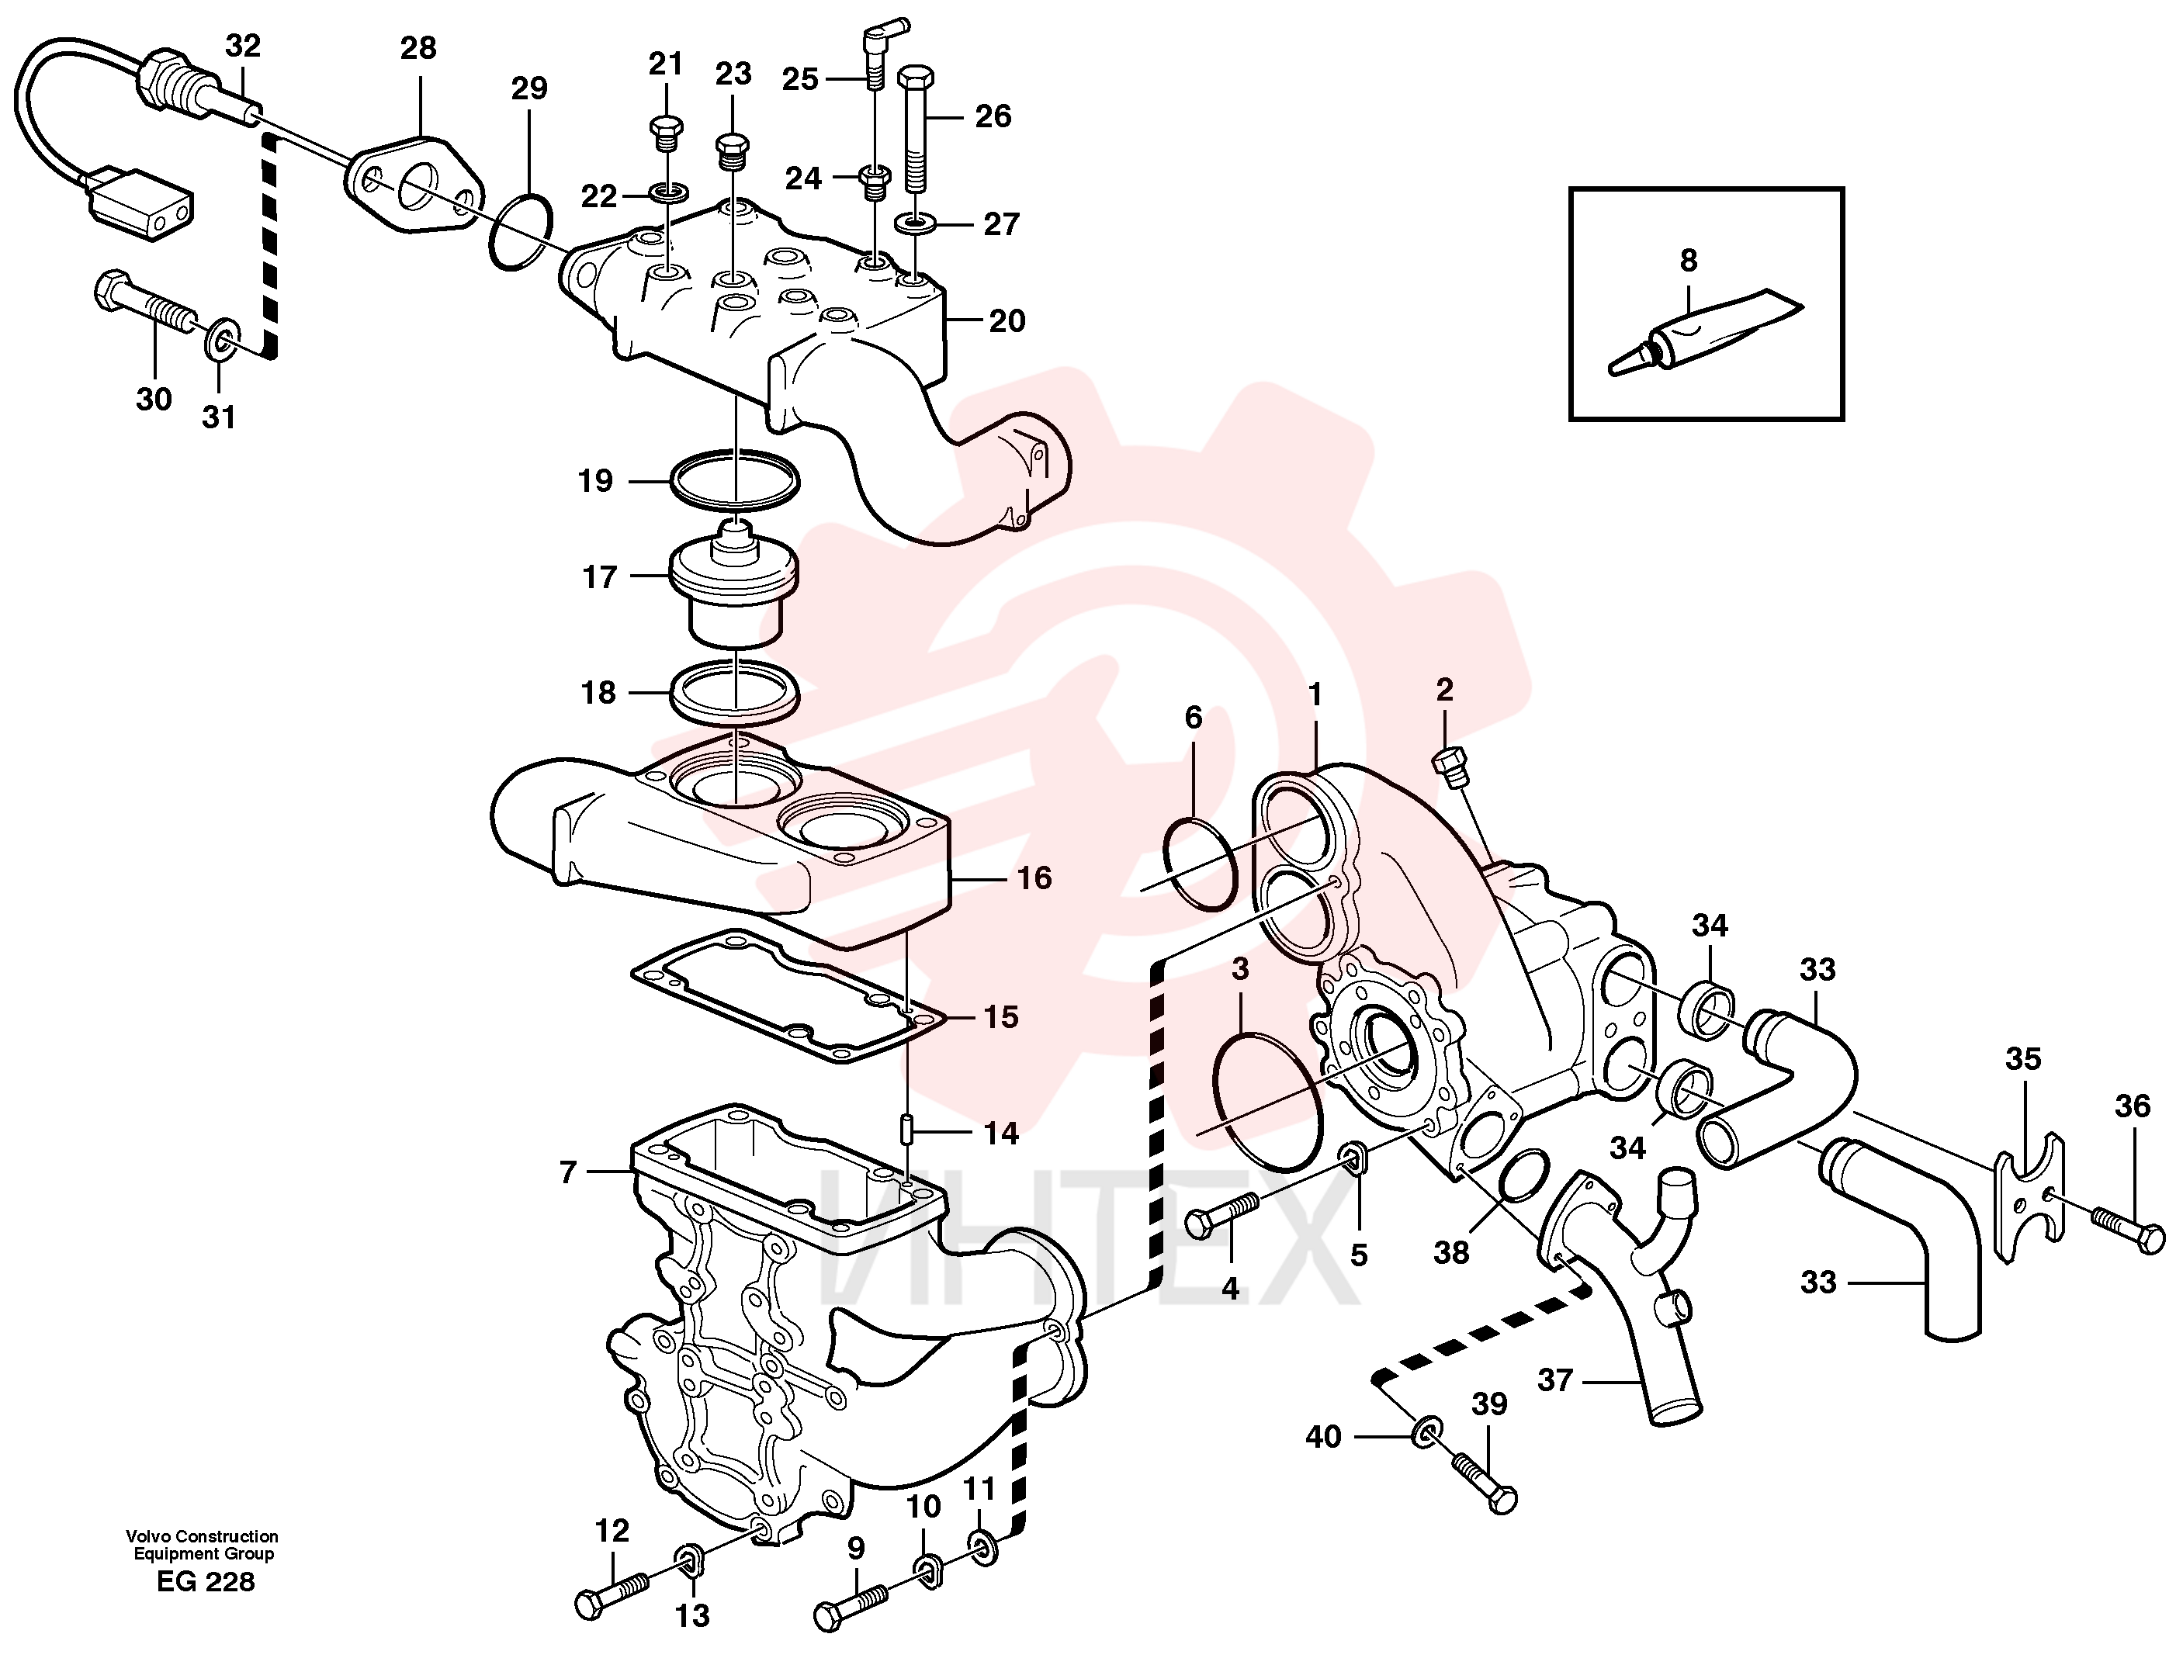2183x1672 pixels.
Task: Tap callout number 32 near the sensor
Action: click(x=243, y=45)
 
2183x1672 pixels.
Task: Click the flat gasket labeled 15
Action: click(x=788, y=996)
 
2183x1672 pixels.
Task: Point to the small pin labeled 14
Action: click(x=909, y=1130)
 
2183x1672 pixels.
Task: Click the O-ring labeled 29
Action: click(x=521, y=233)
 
